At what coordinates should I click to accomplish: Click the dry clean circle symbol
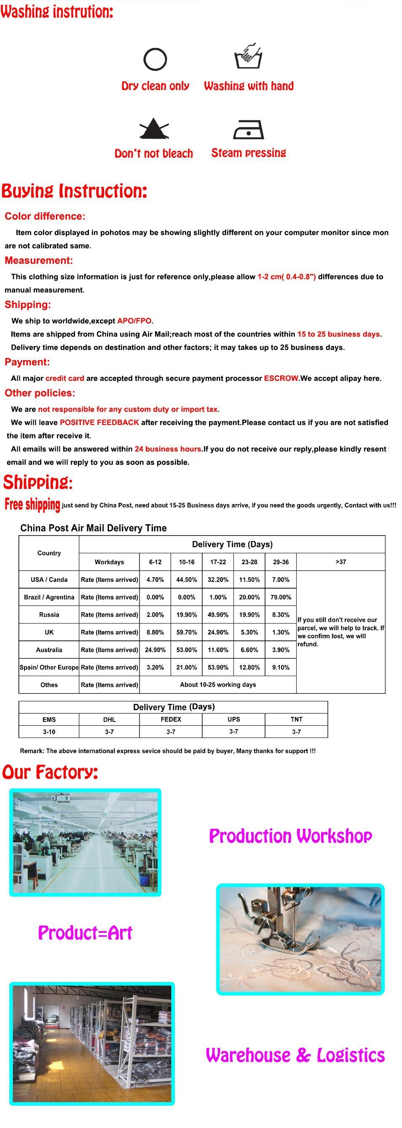tap(155, 59)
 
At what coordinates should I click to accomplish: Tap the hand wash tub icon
tap(248, 57)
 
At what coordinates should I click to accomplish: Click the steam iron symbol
tap(249, 130)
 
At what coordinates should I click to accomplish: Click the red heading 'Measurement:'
tap(39, 260)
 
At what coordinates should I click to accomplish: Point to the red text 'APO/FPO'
tap(134, 321)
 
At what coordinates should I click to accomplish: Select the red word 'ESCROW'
tap(281, 378)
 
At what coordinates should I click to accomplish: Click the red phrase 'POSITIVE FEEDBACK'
tap(99, 422)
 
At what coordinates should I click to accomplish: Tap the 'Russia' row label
tap(49, 615)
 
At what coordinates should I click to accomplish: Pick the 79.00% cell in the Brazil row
tap(281, 597)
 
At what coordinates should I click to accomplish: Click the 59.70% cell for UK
tap(186, 632)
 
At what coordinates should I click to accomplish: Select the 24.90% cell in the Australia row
tap(155, 650)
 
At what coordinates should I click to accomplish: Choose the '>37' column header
tap(340, 562)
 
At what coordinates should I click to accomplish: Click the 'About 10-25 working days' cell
tap(218, 685)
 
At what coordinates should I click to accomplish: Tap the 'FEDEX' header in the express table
tap(171, 719)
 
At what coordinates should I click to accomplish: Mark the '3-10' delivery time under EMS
tap(49, 732)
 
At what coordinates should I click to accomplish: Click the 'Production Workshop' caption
tap(290, 836)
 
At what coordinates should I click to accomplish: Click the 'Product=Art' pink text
tap(85, 933)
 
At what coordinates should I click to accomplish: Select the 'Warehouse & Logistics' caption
tap(295, 1055)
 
